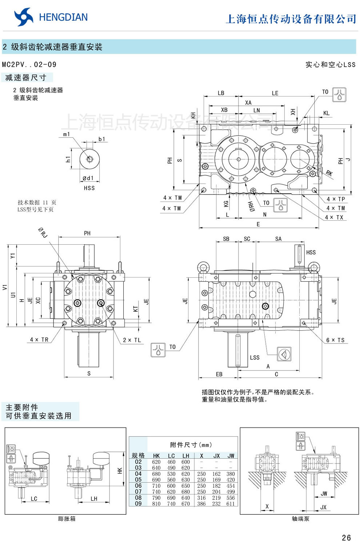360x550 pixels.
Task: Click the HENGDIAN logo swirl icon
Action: click(x=24, y=17)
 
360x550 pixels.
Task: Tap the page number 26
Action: click(x=346, y=538)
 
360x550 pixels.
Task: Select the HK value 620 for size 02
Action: click(x=156, y=462)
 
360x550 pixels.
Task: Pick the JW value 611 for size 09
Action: click(x=231, y=504)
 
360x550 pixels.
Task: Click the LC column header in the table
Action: click(x=171, y=456)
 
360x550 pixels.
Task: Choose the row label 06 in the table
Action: click(x=138, y=486)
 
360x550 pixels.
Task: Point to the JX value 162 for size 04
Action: click(x=216, y=474)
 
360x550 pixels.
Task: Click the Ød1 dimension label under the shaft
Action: click(x=88, y=178)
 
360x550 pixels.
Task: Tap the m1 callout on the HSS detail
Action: click(x=66, y=134)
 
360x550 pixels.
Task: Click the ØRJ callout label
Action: click(x=43, y=232)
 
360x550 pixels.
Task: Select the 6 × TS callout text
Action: click(x=335, y=340)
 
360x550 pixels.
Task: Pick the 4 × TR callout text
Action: click(x=39, y=340)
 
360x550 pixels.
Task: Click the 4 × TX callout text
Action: click(x=334, y=217)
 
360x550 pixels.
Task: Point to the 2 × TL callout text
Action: click(x=132, y=340)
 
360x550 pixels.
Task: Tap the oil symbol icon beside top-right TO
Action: click(x=340, y=95)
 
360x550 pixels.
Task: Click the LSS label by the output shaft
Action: click(x=255, y=357)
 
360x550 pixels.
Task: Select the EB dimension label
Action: click(x=219, y=374)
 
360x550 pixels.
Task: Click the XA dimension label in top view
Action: click(x=248, y=103)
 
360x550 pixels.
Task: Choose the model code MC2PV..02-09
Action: click(x=29, y=65)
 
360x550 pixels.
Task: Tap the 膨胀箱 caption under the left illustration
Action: click(x=67, y=519)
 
